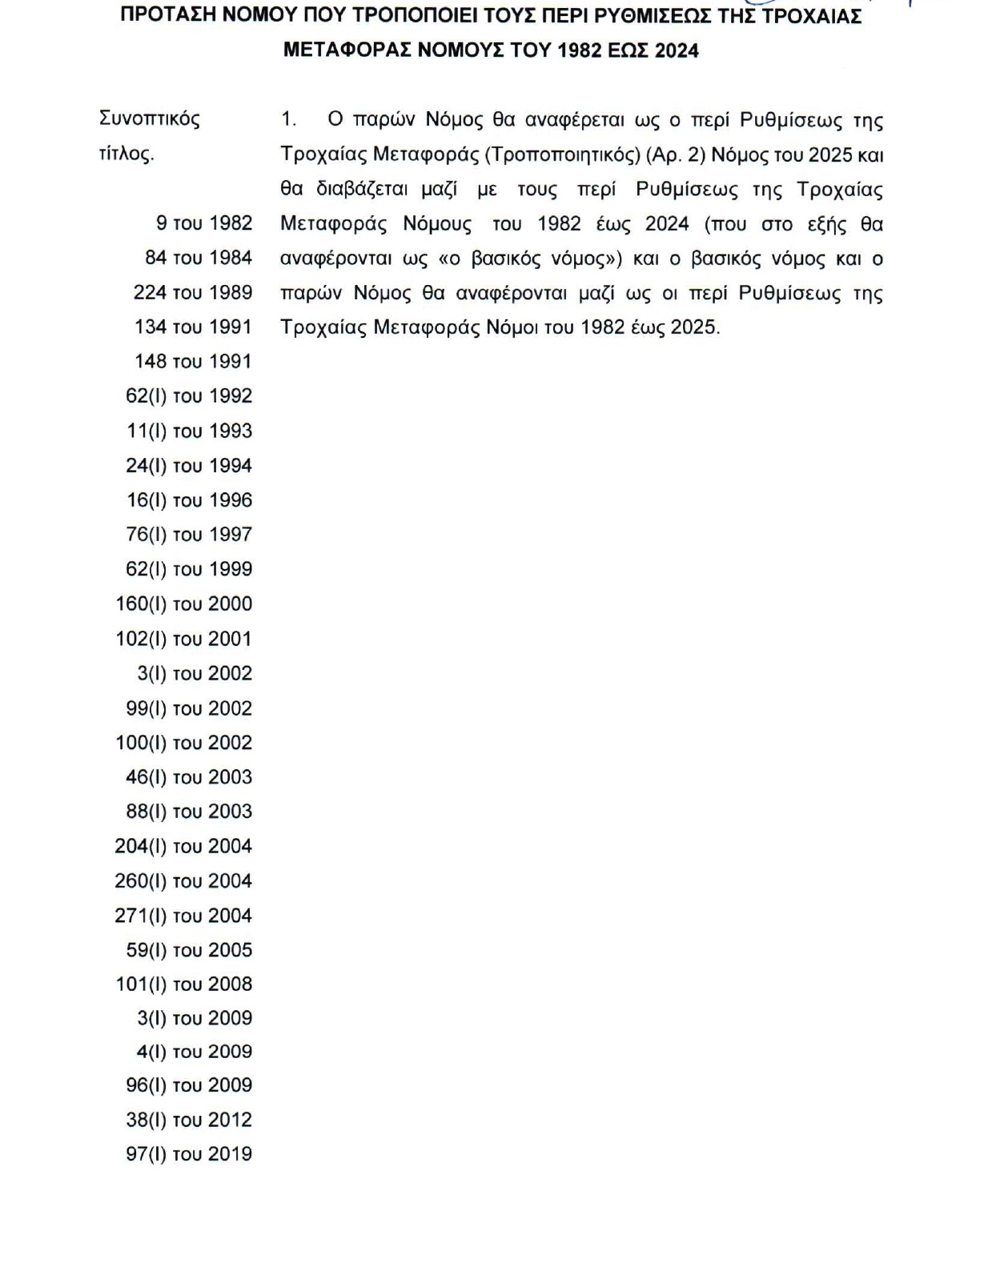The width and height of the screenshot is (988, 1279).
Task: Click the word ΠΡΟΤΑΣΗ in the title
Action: (x=166, y=16)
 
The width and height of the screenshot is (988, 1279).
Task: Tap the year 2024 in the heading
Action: (x=677, y=50)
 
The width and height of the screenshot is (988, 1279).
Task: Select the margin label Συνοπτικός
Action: (x=150, y=118)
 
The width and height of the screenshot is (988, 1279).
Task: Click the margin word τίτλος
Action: (x=127, y=154)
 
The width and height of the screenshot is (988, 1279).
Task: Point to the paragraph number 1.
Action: (x=288, y=120)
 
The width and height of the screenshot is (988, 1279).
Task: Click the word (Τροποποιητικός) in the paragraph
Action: (x=562, y=154)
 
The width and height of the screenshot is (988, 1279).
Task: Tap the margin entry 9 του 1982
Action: (x=204, y=223)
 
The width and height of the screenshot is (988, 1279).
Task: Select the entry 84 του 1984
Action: (x=199, y=258)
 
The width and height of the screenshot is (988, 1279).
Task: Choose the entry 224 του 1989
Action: (x=193, y=292)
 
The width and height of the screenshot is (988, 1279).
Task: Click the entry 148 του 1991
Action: (x=193, y=362)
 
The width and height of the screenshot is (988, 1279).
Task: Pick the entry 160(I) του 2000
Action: (x=184, y=604)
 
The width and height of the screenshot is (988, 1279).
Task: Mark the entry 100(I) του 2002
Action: (x=184, y=743)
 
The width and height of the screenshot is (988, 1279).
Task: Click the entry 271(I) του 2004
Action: (x=183, y=916)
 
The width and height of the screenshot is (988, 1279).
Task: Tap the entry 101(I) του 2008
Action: (x=184, y=984)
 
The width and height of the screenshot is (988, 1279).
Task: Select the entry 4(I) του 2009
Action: (x=195, y=1052)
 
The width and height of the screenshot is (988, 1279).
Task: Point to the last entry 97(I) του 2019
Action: (x=189, y=1154)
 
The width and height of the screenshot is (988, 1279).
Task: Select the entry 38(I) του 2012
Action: (x=189, y=1120)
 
